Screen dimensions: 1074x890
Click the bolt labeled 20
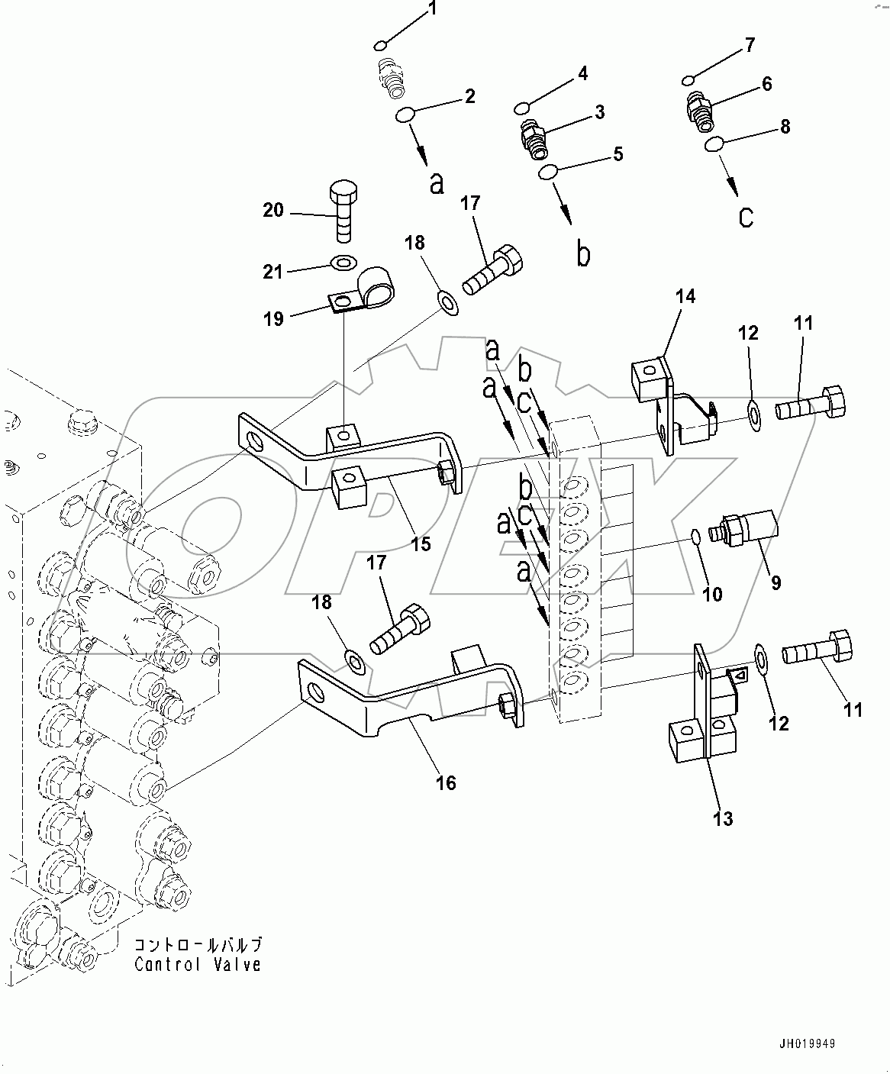pos(343,209)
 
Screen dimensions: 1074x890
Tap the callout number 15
pos(421,543)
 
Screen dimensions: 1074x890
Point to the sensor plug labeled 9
pos(743,529)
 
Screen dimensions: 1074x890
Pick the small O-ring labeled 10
pos(696,536)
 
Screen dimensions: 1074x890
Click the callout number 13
pos(722,818)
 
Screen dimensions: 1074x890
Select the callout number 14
pos(685,295)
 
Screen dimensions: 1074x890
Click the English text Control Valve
pos(198,965)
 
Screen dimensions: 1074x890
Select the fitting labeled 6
pos(696,108)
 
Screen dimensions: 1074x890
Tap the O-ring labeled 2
pos(405,115)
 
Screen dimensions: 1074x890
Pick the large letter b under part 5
pos(583,254)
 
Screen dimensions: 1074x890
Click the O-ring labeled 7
pos(688,79)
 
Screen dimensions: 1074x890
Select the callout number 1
pos(432,9)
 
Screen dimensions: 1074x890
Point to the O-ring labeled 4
pos(522,105)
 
